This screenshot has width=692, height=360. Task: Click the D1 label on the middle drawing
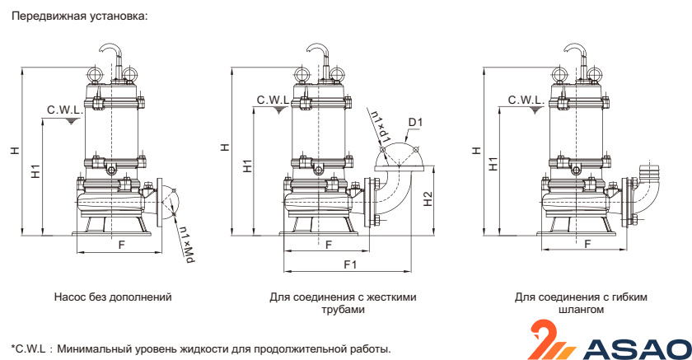415,123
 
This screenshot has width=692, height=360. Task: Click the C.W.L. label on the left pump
63,110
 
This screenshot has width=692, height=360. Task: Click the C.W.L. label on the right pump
524,100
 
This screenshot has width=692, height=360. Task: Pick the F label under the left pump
121,245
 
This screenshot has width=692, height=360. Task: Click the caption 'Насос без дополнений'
112,297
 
